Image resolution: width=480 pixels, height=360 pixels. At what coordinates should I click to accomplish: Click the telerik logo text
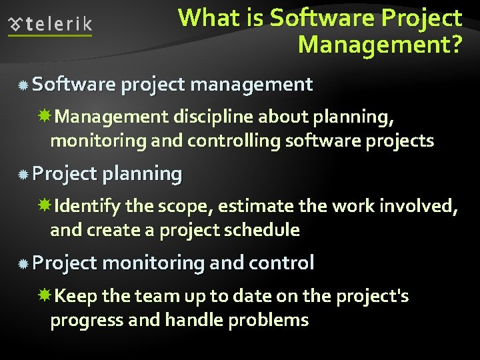click(59, 25)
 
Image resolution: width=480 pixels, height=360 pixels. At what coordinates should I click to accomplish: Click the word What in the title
click(203, 18)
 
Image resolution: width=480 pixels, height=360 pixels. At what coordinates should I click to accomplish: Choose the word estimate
click(256, 207)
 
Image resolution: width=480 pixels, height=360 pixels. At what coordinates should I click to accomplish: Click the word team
click(156, 296)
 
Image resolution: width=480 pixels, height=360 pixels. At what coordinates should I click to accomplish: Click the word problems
click(268, 321)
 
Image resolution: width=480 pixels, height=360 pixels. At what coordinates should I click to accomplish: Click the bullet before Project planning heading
click(23, 175)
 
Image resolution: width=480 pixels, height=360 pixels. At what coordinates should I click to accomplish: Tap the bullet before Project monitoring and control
click(23, 264)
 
